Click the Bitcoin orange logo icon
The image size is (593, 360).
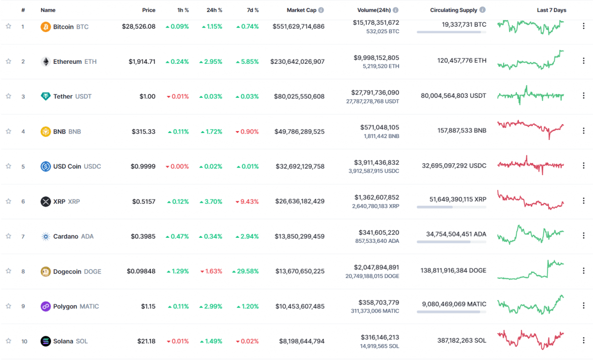coord(45,27)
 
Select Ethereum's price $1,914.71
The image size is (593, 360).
coord(142,62)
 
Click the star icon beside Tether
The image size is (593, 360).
coord(8,96)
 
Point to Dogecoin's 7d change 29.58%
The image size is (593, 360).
coord(245,271)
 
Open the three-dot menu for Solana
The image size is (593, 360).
coord(584,341)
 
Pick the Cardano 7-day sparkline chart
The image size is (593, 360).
coord(531,234)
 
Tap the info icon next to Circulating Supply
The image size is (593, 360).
coord(482,10)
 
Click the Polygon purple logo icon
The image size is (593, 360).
coord(45,307)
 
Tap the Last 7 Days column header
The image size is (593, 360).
coord(551,10)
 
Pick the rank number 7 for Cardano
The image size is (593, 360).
coord(23,236)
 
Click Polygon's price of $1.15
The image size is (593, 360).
coord(148,307)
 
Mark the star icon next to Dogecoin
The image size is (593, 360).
coord(8,271)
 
